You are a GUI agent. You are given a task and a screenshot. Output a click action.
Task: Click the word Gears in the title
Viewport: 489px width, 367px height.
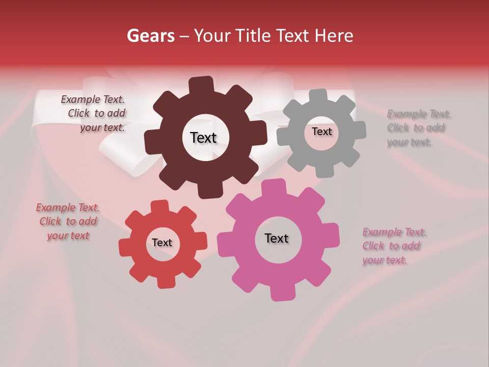[x=150, y=36]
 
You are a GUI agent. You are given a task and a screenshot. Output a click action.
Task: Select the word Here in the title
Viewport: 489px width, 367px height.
[x=334, y=36]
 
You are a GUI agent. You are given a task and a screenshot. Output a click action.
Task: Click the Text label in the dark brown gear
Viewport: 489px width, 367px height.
[x=203, y=138]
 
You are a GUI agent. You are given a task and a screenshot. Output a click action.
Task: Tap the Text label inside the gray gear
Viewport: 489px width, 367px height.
[x=321, y=132]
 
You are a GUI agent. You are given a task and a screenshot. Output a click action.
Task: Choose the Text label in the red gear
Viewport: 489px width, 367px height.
[x=162, y=243]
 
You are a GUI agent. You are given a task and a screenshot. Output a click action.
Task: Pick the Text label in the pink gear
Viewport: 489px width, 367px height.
[x=277, y=239]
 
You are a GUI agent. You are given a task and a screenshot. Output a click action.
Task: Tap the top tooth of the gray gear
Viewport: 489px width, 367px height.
[x=318, y=96]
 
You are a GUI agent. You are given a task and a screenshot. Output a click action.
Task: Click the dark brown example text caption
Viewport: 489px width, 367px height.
[x=94, y=114]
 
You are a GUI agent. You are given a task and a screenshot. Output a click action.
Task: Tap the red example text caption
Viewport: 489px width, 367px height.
[x=68, y=222]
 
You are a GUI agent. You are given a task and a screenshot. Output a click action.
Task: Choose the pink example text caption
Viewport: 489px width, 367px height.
[x=394, y=246]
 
